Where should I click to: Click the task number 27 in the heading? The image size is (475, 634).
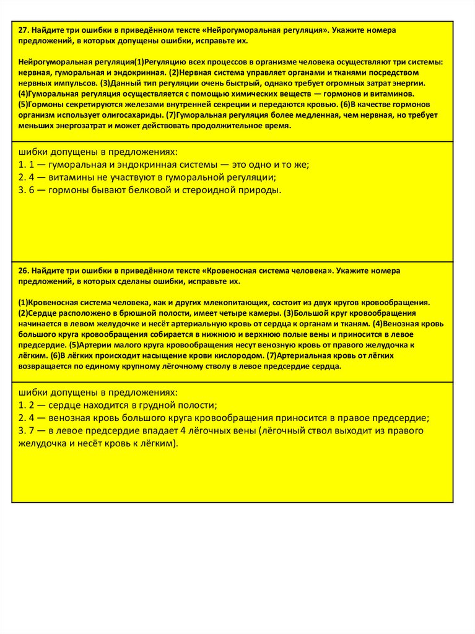(x=23, y=30)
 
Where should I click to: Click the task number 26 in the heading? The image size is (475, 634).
(x=23, y=271)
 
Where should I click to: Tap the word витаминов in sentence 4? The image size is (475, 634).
(x=390, y=94)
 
